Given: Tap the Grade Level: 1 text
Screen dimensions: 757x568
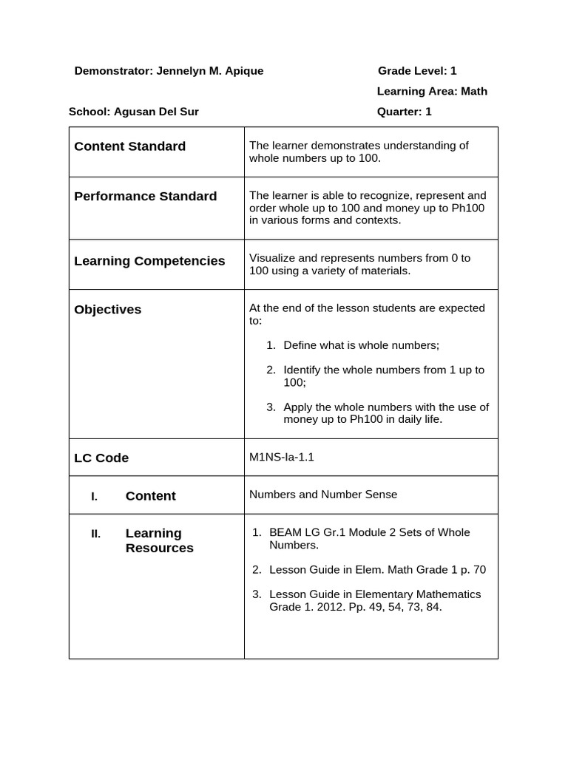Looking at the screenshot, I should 417,71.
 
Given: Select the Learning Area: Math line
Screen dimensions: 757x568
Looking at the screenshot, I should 432,92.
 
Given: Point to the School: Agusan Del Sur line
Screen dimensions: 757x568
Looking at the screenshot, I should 133,112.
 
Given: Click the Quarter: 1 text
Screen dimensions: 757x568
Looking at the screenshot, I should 404,112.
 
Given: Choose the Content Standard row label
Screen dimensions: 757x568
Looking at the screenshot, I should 130,146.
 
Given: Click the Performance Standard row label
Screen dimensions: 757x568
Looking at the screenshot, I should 146,197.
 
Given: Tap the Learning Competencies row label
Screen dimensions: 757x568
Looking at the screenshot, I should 149,261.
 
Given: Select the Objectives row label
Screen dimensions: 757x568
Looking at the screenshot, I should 108,310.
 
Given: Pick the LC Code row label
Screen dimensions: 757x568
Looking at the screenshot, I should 101,458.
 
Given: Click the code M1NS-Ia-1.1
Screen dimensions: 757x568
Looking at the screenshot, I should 282,457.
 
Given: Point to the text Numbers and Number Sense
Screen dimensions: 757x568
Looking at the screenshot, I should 323,495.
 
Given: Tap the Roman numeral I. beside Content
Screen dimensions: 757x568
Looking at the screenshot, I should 94,497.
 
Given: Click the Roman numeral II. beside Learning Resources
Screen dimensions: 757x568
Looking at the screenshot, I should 95,534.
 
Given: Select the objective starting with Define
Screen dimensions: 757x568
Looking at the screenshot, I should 361,345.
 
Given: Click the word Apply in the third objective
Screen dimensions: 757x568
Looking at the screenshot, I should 298,407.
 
